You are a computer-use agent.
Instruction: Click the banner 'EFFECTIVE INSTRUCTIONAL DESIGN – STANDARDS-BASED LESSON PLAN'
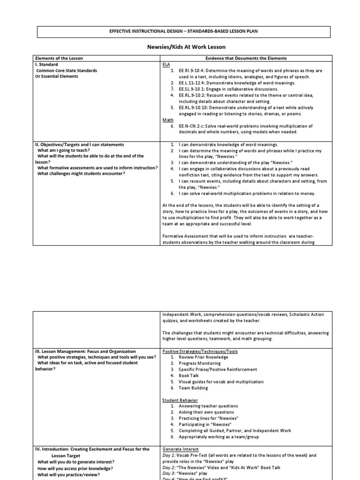pos(183,31)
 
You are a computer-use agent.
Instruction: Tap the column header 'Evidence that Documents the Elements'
pos(247,58)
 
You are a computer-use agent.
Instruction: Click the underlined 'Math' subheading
pos(168,120)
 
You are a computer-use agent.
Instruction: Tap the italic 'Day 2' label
pos(168,467)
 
